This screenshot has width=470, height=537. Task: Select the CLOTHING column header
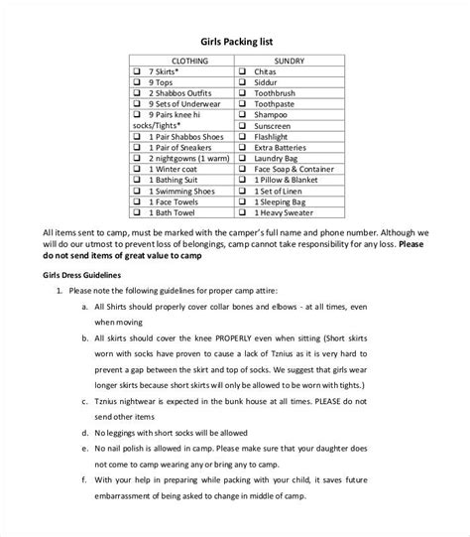click(x=180, y=61)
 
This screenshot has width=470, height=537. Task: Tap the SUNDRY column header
click(x=289, y=61)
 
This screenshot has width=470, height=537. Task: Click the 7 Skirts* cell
click(x=164, y=73)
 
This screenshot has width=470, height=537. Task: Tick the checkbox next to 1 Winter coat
click(x=138, y=168)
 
